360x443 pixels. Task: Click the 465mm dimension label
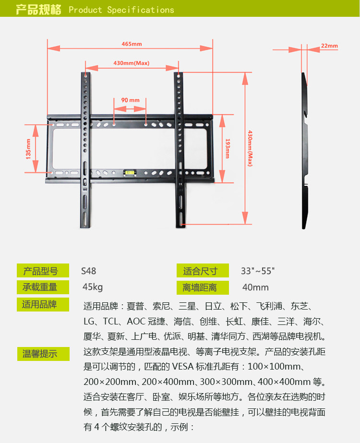(x=132, y=44)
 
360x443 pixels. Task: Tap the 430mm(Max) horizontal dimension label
(x=132, y=63)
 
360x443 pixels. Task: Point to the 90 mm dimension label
(x=130, y=100)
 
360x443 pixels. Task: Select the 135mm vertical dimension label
(x=28, y=149)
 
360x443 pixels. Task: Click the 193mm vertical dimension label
(x=227, y=149)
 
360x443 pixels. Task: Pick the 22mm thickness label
(x=329, y=46)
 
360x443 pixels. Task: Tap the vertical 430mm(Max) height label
(x=250, y=149)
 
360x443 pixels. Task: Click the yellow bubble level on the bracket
(x=128, y=171)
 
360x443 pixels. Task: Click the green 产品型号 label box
(x=40, y=271)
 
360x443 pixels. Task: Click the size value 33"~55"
(x=257, y=271)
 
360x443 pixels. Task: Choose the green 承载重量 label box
(x=40, y=287)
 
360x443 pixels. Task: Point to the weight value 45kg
(x=93, y=287)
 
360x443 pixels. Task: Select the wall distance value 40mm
(x=255, y=287)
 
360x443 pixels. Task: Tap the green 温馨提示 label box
(x=40, y=354)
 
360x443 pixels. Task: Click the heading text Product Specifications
(x=121, y=10)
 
